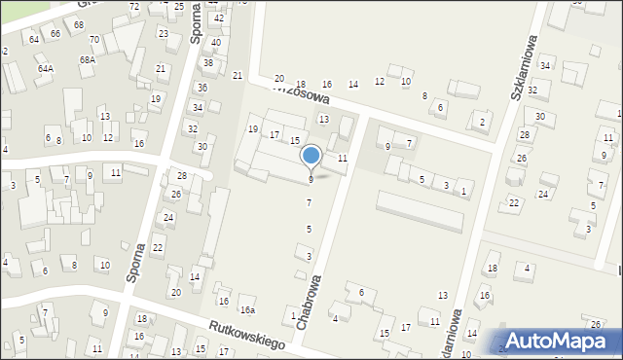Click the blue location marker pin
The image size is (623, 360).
tap(311, 157)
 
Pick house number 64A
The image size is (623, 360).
tap(46, 69)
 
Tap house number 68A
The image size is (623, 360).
tap(88, 60)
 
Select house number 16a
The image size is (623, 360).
tap(248, 310)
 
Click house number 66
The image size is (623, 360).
tap(55, 33)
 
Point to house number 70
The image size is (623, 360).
tap(94, 40)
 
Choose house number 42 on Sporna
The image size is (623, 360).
tap(219, 18)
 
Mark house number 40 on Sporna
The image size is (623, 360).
tap(215, 43)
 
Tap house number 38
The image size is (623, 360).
tap(207, 63)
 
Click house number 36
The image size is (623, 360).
tap(202, 88)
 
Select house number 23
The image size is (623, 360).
tap(163, 34)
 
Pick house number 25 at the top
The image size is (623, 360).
tap(178, 7)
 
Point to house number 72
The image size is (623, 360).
tap(134, 7)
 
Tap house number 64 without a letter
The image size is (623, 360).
tap(34, 39)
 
